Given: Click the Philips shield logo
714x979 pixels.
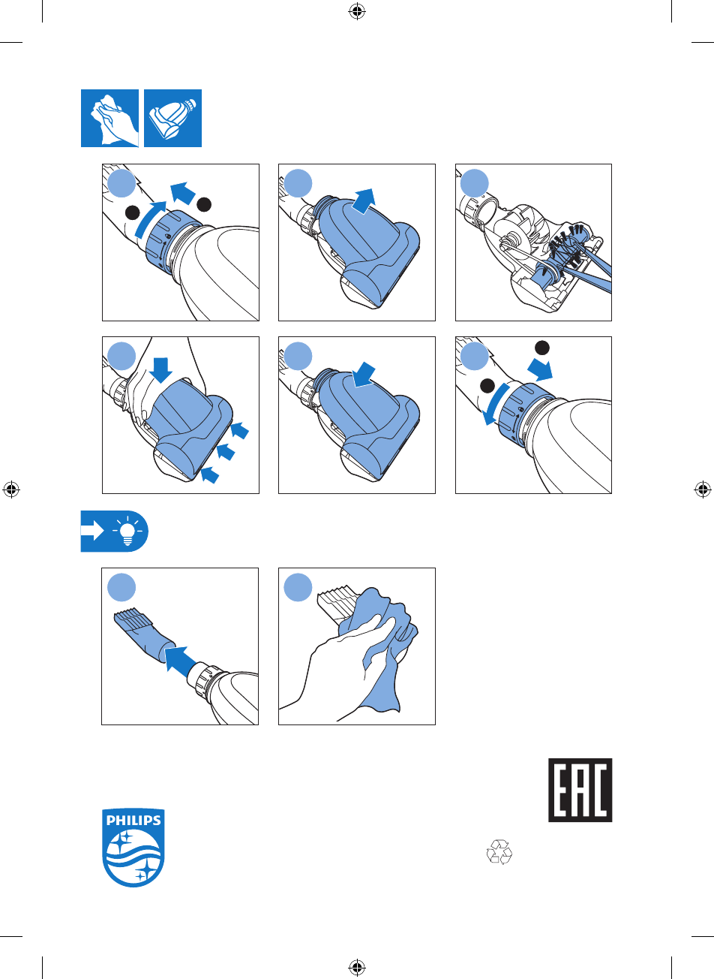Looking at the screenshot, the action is point(133,848).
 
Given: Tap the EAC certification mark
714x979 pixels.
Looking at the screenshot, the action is point(580,790).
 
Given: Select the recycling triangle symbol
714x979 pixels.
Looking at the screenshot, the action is point(499,851).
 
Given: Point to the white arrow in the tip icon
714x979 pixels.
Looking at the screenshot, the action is point(92,531).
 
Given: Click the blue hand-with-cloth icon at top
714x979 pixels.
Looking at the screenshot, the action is point(109,118).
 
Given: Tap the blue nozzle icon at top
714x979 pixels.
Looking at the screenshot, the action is point(173,118).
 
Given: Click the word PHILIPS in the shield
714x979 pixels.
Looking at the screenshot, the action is point(133,821).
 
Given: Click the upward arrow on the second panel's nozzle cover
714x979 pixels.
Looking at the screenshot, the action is point(364,201).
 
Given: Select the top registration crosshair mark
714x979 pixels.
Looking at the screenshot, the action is point(357,12).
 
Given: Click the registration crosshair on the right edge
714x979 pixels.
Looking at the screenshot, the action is point(702,489).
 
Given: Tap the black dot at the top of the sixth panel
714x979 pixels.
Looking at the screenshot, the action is point(542,348).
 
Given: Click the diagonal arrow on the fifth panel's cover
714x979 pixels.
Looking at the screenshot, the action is point(364,375).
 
